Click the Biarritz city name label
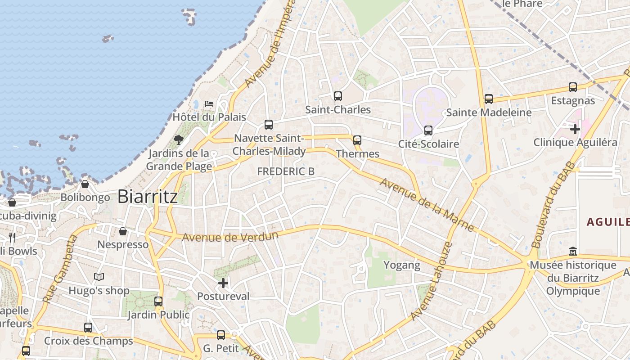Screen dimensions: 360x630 pos(148,197)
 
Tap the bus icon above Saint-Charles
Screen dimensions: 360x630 pos(338,96)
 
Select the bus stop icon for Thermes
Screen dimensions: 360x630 pos(357,140)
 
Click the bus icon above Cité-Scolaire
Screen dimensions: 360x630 pos(428,130)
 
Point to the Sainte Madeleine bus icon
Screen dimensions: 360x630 pos(489,99)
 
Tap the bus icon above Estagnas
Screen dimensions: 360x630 pos(573,87)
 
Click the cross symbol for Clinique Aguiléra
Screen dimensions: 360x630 pos(575,130)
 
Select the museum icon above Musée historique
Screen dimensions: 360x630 pos(573,251)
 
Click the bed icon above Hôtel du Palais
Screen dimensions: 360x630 pos(209,104)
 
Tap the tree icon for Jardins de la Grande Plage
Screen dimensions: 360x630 pos(179,139)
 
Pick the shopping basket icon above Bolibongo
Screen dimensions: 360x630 pos(85,184)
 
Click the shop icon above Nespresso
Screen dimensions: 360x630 pos(123,231)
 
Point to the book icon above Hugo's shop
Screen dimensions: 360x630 pos(99,277)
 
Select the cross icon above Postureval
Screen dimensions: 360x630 pos(223,283)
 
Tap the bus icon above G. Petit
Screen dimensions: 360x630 pos(221,335)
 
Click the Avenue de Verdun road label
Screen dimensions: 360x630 pos(230,236)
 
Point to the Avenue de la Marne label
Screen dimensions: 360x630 pos(427,205)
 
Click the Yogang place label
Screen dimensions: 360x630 pos(402,265)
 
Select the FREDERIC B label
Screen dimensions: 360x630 pos(286,171)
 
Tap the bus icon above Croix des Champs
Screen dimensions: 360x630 pos(88,328)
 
